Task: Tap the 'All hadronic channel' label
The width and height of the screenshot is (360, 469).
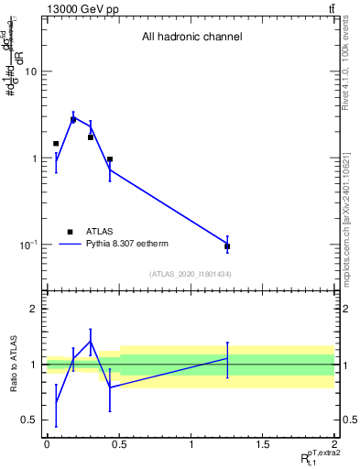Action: pos(191,38)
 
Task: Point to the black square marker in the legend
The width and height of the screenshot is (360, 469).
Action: pos(70,232)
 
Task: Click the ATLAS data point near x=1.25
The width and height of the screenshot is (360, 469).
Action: pos(226,246)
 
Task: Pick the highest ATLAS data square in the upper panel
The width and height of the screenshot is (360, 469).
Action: pos(73,120)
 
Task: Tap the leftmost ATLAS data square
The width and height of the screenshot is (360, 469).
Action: pos(56,144)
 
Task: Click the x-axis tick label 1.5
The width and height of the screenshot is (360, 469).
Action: pos(262,444)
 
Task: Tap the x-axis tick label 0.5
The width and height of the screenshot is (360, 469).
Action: pos(118,444)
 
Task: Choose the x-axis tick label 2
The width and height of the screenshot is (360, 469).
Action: pos(334,444)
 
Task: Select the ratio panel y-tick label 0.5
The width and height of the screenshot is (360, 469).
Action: pos(30,420)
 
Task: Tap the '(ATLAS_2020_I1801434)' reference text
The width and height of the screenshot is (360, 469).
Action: pos(191,274)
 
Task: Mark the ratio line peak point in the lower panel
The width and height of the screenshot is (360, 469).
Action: pos(91,341)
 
